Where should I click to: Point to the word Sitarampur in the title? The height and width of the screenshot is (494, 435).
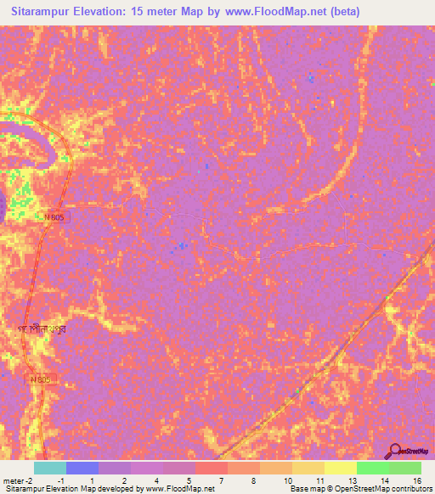[47, 12]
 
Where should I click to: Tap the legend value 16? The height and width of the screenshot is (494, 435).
[417, 480]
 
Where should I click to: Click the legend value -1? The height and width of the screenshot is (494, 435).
[61, 480]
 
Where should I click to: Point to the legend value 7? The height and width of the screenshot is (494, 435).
[221, 480]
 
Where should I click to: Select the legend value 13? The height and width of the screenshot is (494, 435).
[353, 480]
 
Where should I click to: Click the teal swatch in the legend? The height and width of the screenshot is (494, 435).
[50, 468]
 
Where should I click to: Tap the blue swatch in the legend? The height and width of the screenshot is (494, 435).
[82, 468]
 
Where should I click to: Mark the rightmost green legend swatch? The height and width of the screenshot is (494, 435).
[405, 468]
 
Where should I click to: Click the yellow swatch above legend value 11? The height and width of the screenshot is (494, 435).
[308, 468]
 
